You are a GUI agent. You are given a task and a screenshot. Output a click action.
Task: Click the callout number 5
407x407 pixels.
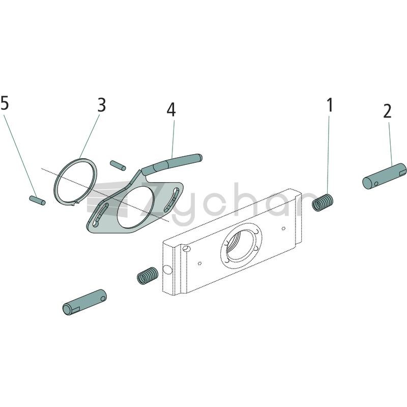click(x=5, y=103)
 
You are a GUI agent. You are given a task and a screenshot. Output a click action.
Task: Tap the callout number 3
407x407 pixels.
click(x=102, y=105)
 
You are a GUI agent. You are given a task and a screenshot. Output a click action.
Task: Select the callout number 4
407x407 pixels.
click(x=171, y=109)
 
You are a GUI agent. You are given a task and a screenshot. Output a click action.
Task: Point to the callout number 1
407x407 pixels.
click(x=330, y=105)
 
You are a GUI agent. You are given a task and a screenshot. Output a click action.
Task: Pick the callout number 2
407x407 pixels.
click(x=387, y=111)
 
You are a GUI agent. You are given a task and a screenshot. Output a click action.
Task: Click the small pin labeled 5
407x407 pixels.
click(x=37, y=200)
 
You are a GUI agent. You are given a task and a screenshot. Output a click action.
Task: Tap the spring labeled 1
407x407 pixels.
click(x=323, y=202)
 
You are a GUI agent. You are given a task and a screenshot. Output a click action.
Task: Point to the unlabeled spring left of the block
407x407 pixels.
click(x=147, y=276)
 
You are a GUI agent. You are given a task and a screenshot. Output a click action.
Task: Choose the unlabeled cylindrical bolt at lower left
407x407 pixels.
click(x=84, y=302)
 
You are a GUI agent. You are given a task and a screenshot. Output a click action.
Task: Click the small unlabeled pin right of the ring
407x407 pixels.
click(x=118, y=166)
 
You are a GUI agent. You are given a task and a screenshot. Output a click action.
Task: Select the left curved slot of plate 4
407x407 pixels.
click(x=100, y=215)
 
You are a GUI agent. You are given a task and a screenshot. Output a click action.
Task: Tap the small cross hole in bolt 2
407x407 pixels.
click(x=376, y=184)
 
